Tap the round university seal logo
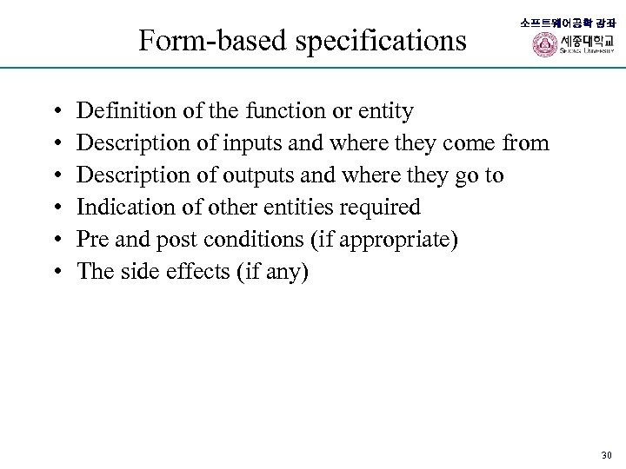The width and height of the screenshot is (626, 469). [544, 45]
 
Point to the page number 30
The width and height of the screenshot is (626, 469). [607, 455]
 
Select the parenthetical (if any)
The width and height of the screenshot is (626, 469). [270, 272]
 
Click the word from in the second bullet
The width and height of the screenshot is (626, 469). [525, 143]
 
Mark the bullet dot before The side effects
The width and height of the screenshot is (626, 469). [56, 273]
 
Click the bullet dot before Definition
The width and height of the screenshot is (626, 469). [56, 112]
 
